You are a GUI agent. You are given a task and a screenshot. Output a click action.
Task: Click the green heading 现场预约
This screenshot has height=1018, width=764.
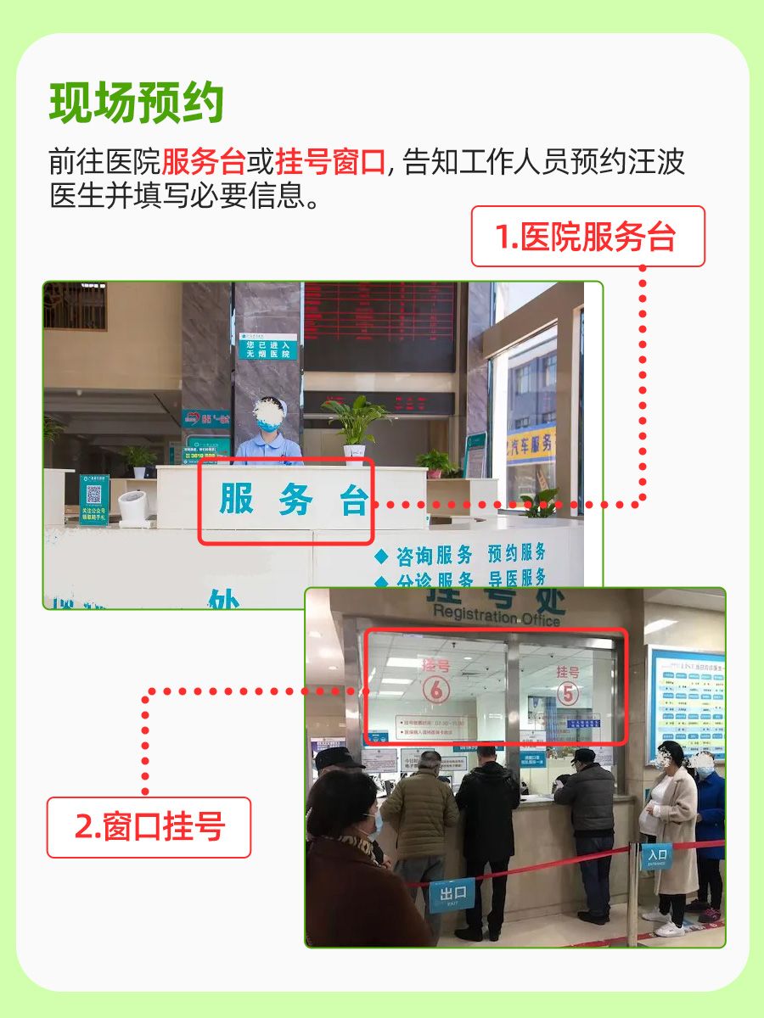137,103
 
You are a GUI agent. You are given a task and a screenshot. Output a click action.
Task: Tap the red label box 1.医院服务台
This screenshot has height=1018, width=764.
588,237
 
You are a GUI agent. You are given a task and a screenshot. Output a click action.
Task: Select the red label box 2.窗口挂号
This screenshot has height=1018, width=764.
149,827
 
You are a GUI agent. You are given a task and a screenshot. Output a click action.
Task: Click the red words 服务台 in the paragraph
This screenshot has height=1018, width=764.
203,161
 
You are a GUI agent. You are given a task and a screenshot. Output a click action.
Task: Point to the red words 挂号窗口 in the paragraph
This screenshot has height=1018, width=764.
331,161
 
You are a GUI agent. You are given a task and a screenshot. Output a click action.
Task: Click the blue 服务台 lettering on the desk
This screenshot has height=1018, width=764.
293,501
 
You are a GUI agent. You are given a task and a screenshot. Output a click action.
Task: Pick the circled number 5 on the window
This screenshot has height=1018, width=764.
567,693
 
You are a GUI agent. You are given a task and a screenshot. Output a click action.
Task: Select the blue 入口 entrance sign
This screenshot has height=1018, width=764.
656,855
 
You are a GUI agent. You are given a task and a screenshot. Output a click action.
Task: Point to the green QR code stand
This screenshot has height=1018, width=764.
94,500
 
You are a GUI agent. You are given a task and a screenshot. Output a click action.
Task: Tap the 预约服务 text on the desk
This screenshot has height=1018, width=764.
516,553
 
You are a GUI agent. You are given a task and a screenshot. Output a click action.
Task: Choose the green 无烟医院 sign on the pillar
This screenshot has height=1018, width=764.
267,347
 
